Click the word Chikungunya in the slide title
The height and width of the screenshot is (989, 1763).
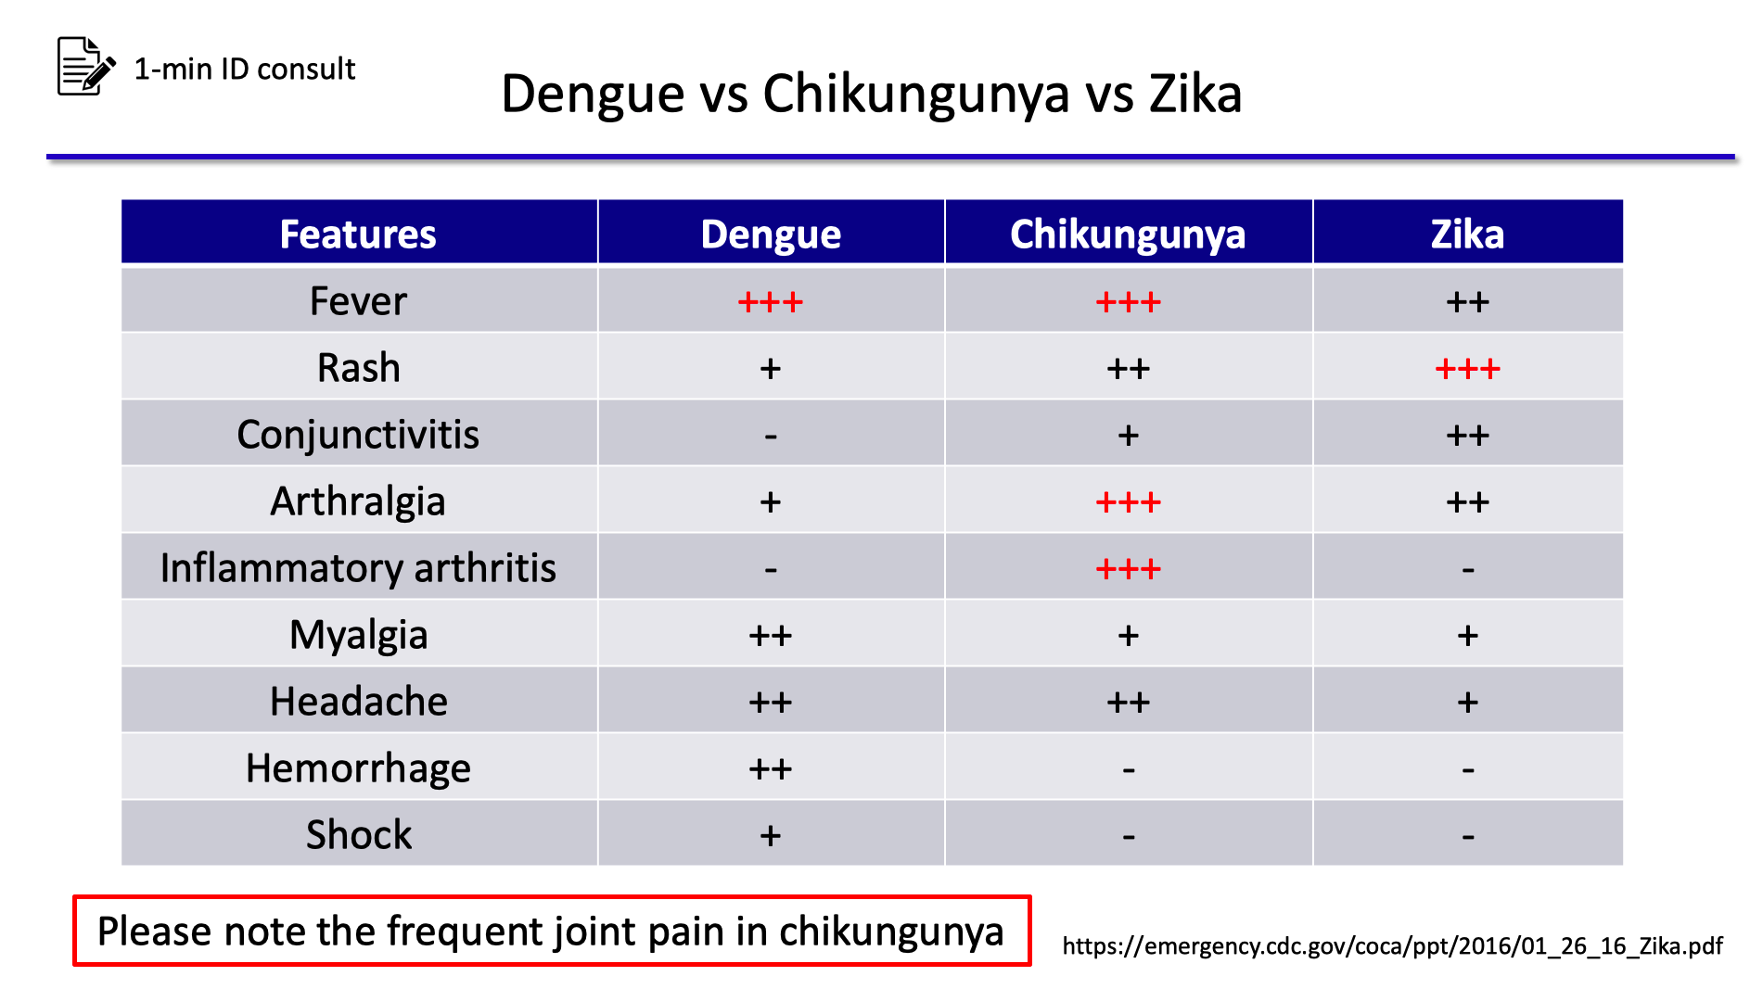(915, 95)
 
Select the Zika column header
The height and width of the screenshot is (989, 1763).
(1467, 234)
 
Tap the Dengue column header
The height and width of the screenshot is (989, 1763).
(771, 234)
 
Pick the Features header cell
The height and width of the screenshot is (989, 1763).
(358, 234)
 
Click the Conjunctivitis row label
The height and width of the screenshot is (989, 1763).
(358, 435)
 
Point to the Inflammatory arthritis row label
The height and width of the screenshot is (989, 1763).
(358, 568)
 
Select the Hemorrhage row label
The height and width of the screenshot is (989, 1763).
(358, 768)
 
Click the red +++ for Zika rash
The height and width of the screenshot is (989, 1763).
(1467, 369)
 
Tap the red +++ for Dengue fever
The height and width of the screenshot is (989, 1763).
(771, 302)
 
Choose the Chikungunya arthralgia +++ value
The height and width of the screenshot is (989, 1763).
(1128, 502)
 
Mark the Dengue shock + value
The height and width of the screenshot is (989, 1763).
(771, 836)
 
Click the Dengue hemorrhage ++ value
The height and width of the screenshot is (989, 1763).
(771, 769)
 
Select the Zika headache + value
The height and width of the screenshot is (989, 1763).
(1467, 703)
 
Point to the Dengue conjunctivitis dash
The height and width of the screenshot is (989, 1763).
(771, 437)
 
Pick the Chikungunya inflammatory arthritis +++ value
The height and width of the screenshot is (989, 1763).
(1128, 569)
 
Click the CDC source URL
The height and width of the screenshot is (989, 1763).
(1392, 945)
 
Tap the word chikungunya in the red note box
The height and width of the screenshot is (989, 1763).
(891, 932)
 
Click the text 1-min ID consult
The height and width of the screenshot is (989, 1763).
(245, 70)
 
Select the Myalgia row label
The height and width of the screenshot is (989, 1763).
(358, 635)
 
